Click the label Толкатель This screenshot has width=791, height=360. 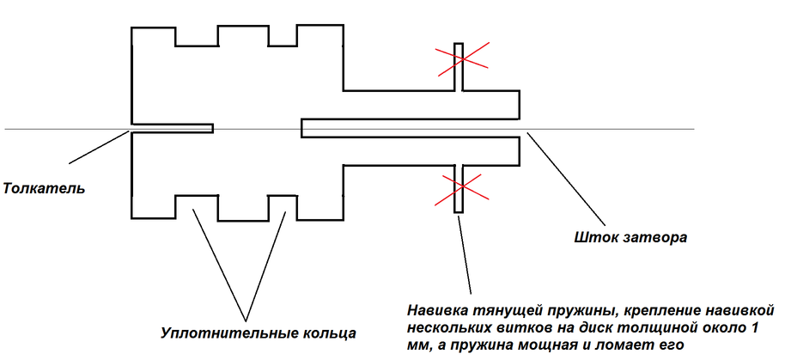(x=44, y=187)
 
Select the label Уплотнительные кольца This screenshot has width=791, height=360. (x=258, y=332)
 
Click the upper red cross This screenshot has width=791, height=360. (x=461, y=58)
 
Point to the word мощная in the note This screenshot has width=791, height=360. (x=538, y=345)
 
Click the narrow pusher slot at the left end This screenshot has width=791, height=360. (x=172, y=128)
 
